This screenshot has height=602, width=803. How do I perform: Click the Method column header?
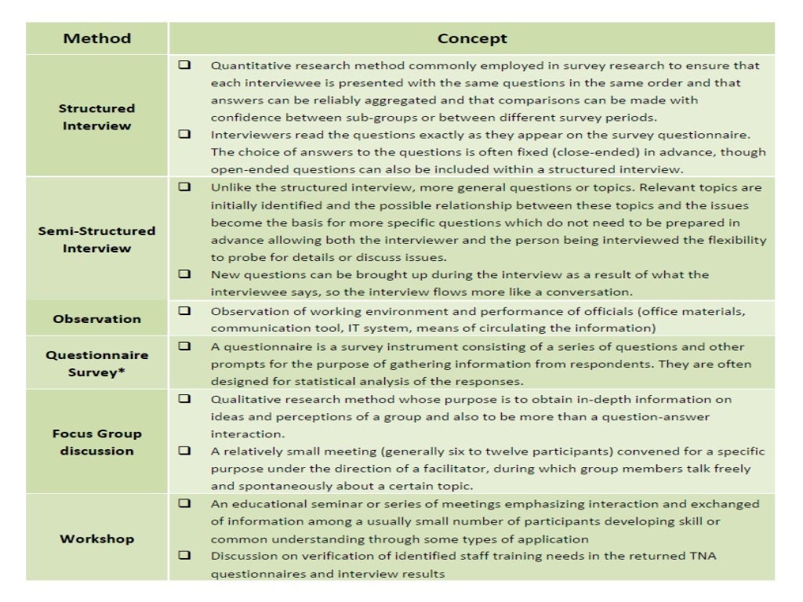(97, 38)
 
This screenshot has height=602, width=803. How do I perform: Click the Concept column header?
(472, 38)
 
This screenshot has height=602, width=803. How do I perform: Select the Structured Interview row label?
(97, 117)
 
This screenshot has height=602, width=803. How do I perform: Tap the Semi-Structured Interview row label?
(97, 239)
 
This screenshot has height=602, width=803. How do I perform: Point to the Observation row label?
(97, 319)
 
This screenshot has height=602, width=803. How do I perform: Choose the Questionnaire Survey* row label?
(97, 363)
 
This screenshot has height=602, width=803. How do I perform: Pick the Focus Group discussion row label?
(97, 442)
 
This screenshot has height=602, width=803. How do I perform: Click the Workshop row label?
(97, 539)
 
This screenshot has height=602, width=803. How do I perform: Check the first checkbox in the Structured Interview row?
(184, 65)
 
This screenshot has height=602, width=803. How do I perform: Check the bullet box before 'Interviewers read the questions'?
(184, 135)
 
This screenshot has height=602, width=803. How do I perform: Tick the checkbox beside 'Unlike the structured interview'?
(184, 187)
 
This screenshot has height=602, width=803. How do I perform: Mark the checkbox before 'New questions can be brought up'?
(184, 274)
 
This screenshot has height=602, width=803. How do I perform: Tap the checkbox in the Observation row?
(184, 310)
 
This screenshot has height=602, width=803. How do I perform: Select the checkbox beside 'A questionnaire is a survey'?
(184, 346)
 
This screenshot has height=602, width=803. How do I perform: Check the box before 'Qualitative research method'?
(184, 398)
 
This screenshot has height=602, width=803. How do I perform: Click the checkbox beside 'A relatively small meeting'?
(184, 451)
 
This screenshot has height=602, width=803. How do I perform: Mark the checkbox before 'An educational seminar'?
(184, 503)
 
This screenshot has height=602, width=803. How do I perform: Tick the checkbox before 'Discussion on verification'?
(184, 556)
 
